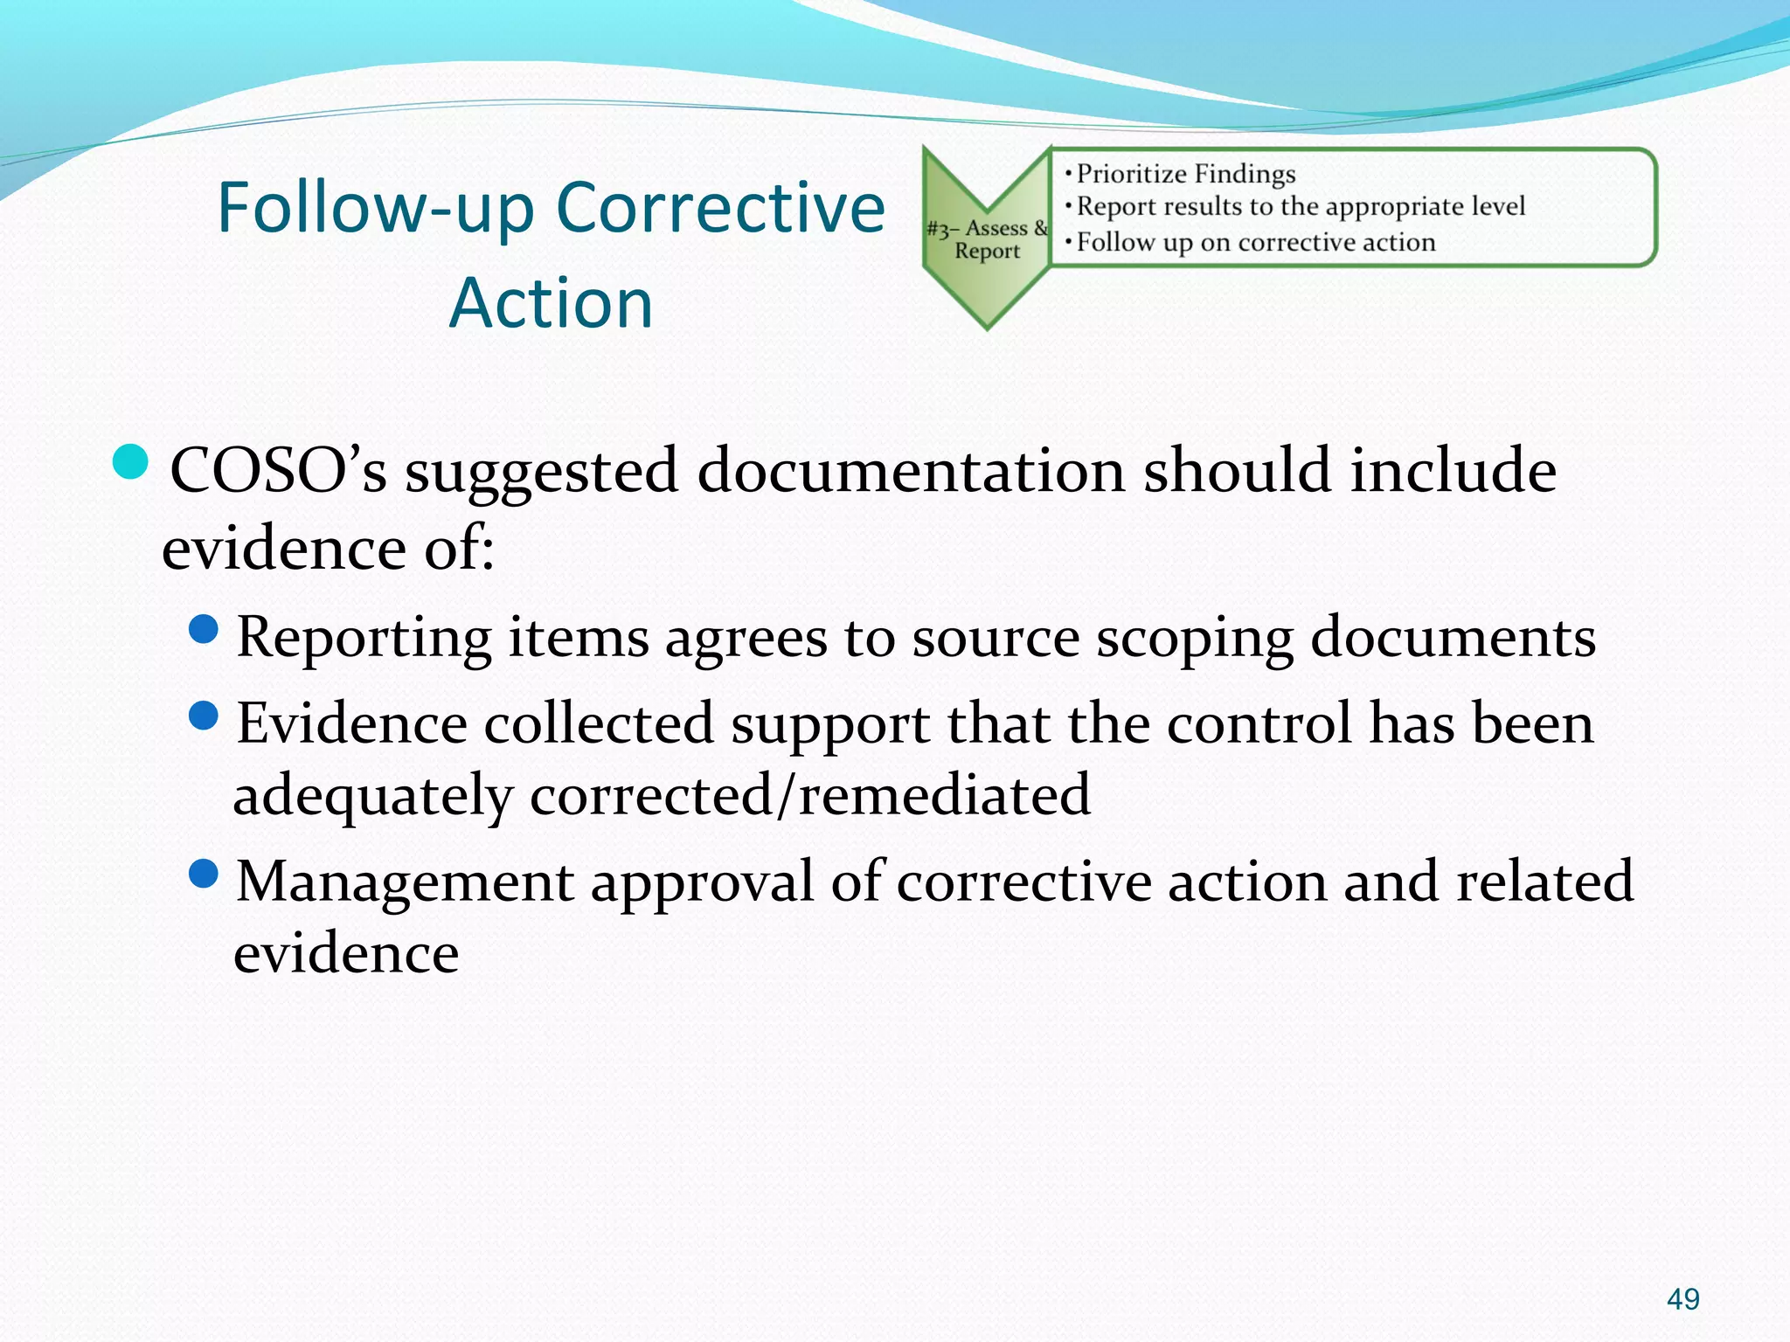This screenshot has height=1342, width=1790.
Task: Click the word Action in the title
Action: click(551, 303)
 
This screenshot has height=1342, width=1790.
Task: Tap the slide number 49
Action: click(1682, 1299)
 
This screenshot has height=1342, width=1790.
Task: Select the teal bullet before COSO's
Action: click(132, 462)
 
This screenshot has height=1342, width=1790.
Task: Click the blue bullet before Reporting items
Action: click(204, 629)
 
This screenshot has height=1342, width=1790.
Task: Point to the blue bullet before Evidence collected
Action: click(204, 716)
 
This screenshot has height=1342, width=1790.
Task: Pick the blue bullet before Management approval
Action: click(204, 874)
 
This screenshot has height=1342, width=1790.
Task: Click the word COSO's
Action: click(278, 471)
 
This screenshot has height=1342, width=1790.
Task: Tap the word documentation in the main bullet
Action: click(912, 471)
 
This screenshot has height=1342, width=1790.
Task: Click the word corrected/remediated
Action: click(810, 795)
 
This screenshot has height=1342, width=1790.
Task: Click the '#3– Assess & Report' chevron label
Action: click(987, 239)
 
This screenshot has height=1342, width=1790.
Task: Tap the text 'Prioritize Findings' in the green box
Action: click(1185, 174)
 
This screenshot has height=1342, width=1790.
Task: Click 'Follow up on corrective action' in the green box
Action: click(1255, 242)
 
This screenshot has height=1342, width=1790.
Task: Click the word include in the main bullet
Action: click(1453, 471)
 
